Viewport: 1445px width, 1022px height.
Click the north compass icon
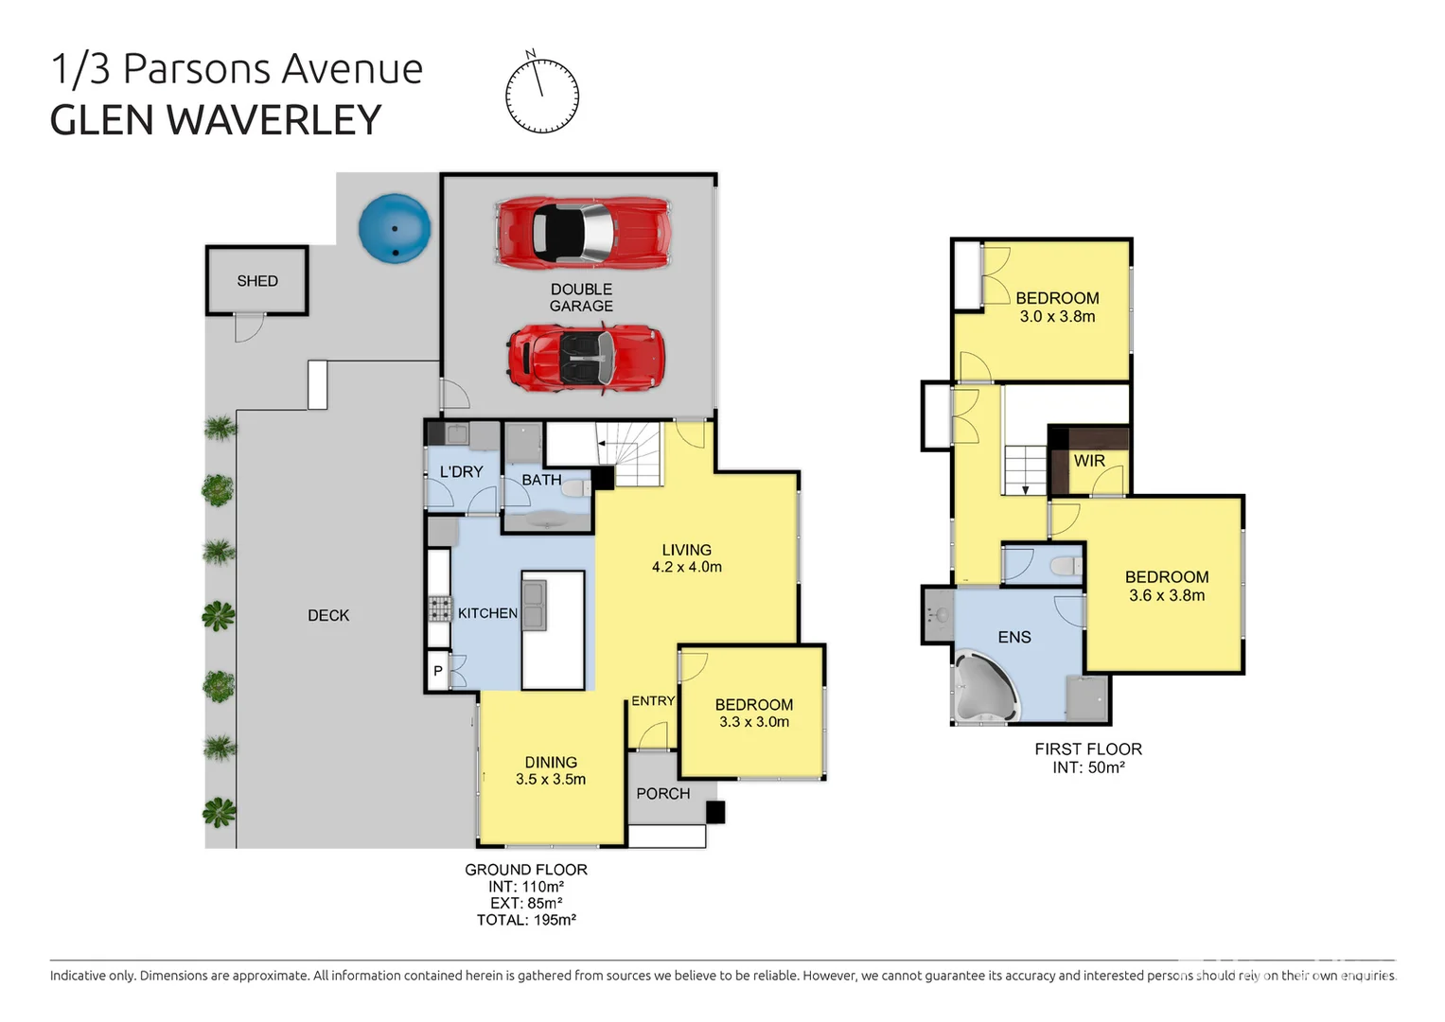pyautogui.click(x=541, y=95)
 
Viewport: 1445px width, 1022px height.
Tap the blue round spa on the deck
pyautogui.click(x=395, y=228)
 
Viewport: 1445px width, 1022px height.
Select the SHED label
pyautogui.click(x=257, y=281)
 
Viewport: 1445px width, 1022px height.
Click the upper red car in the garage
pyautogui.click(x=582, y=231)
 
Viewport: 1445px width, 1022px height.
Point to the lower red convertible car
pyautogui.click(x=585, y=358)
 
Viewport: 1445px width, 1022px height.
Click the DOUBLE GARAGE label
pyautogui.click(x=581, y=297)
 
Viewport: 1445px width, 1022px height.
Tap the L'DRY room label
pyautogui.click(x=461, y=471)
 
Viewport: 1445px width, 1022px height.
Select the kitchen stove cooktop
pyautogui.click(x=439, y=608)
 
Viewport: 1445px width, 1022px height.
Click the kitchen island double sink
pyautogui.click(x=534, y=607)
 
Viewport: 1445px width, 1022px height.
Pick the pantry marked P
pyautogui.click(x=438, y=671)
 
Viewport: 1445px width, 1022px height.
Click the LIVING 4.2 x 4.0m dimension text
pyautogui.click(x=686, y=567)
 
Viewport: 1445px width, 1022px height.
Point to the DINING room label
pyautogui.click(x=551, y=762)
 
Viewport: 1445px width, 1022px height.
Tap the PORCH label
pyautogui.click(x=662, y=793)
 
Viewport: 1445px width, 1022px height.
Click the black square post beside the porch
pyautogui.click(x=715, y=812)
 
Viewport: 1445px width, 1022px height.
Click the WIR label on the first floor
pyautogui.click(x=1089, y=461)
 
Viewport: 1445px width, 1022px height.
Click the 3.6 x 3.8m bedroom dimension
pyautogui.click(x=1167, y=595)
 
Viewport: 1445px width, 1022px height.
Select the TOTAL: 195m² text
pyautogui.click(x=526, y=920)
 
